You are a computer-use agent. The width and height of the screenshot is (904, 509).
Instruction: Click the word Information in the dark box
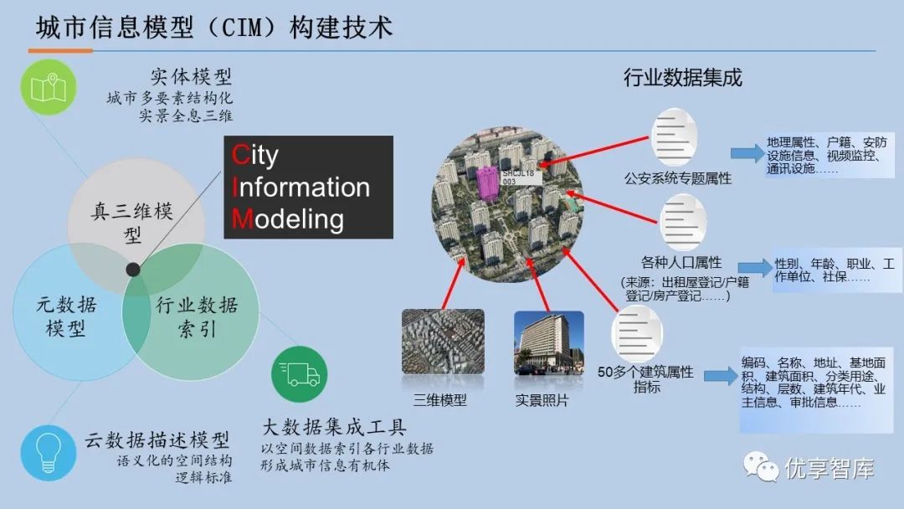point(301,187)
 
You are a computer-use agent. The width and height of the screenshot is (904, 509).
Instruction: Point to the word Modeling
point(288,219)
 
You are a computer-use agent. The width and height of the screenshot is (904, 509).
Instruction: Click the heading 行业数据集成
point(682,78)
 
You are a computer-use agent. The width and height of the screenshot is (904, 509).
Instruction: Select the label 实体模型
point(191,76)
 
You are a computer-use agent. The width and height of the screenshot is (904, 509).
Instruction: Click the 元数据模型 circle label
point(65,316)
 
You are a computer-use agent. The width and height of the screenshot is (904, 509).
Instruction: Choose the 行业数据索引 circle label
point(197,316)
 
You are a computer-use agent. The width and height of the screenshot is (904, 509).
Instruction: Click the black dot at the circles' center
point(132,269)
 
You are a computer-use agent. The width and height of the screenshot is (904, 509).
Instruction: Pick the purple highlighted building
point(486,188)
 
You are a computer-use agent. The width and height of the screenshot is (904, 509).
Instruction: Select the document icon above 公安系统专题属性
point(677,138)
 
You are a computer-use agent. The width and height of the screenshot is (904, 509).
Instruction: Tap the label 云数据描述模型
point(157,440)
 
